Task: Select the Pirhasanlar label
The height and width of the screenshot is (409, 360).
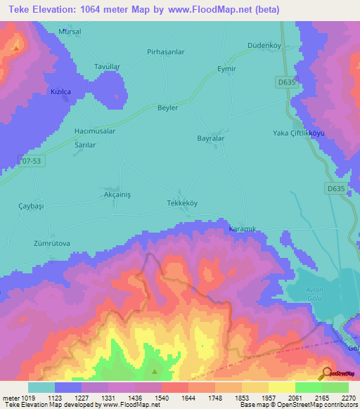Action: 165,52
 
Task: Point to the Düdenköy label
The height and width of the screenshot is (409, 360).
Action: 265,46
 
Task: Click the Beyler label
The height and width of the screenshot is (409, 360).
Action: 168,108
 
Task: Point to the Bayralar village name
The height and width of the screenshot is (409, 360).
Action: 210,138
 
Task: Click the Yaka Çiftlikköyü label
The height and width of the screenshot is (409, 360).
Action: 303,134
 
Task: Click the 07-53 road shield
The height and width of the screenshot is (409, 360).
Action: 32,161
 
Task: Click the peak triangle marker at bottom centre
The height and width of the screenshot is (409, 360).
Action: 155,371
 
